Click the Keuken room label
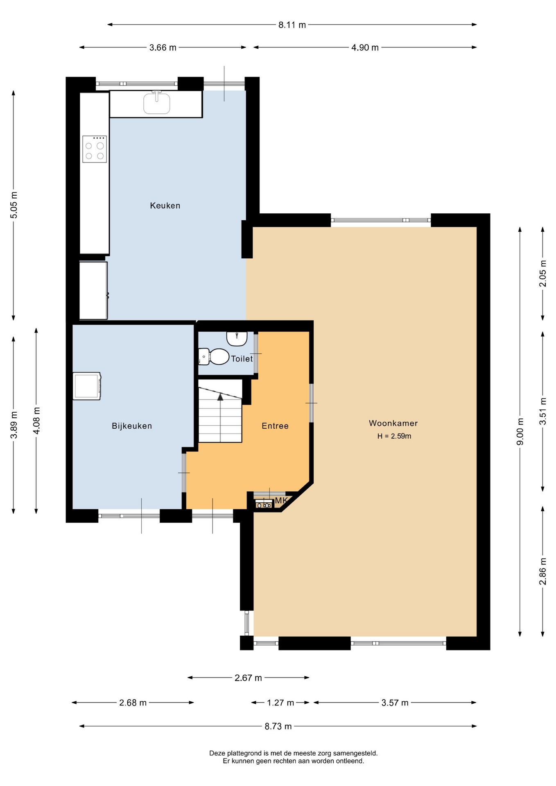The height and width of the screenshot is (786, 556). pos(165,206)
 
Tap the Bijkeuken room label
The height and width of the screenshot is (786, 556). pos(132,426)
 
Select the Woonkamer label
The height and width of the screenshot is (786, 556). pos(393,423)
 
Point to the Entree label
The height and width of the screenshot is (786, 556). pos(275,426)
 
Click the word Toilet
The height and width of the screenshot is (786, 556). pos(242,359)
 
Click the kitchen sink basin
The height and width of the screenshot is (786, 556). pos(157,104)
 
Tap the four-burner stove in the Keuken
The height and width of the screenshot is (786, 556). pos(95,149)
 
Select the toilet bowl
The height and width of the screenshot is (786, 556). pos(214,357)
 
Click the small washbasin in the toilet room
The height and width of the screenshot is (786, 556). pos(237,339)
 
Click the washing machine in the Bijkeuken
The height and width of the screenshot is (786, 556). pos(87,386)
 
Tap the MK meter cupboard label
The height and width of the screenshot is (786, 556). pos(281,500)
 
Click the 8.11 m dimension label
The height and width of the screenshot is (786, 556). pos(292,25)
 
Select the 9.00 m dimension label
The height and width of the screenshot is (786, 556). pos(520,431)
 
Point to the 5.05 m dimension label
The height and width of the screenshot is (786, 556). pos(14,205)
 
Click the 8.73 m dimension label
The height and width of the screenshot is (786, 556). pos(278,726)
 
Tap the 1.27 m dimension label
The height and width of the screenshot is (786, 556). pos(280,702)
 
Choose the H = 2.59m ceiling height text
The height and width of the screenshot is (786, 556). pos(394,436)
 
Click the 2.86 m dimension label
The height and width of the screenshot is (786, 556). pos(543,571)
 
